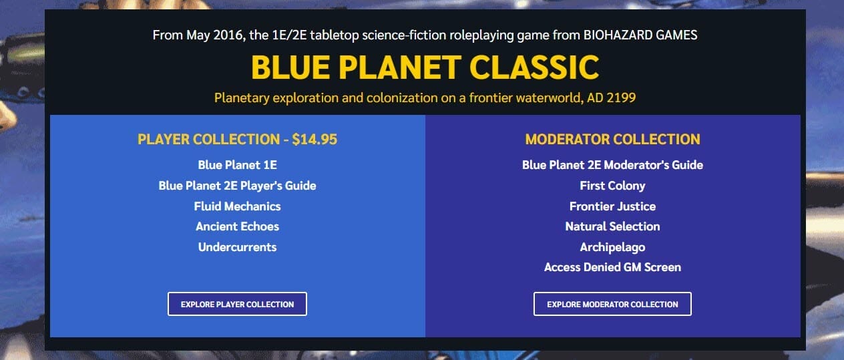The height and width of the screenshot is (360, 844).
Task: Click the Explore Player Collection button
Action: point(237,304)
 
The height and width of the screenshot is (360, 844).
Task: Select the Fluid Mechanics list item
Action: point(237,206)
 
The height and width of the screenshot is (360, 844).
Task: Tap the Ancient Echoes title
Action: point(237,226)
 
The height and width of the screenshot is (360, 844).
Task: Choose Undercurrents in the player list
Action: point(237,247)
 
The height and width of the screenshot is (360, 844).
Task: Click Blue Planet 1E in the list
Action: point(237,164)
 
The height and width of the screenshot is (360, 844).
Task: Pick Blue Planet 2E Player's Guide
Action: point(237,185)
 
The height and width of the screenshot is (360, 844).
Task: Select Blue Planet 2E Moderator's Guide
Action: point(612,164)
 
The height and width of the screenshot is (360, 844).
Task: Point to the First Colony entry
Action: point(612,185)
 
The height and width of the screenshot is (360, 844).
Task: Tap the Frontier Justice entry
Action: point(612,206)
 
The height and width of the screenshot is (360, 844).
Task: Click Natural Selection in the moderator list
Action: point(612,226)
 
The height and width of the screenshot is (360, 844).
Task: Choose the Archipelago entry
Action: point(612,247)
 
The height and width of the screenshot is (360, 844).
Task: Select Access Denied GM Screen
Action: point(612,267)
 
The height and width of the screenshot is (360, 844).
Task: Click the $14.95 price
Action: point(314,140)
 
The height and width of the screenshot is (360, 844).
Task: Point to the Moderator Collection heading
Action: point(612,140)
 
